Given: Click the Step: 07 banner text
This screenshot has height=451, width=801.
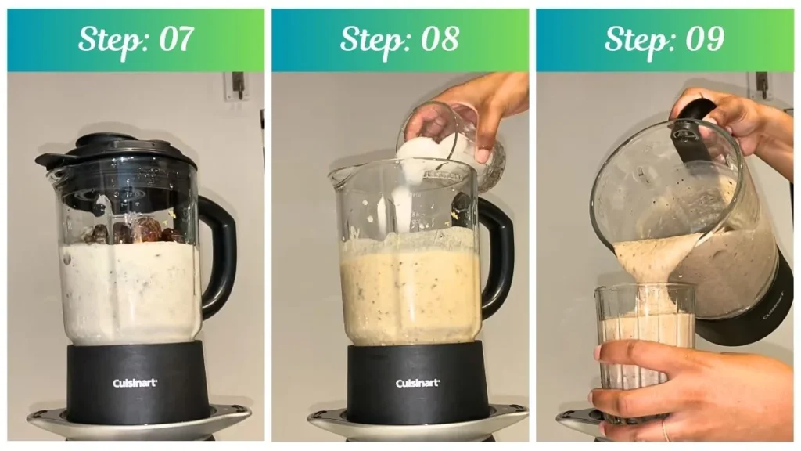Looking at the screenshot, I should click(136, 39).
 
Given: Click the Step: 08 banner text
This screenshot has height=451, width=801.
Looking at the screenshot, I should click(400, 39).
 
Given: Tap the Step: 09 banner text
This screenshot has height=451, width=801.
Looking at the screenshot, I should click(664, 39).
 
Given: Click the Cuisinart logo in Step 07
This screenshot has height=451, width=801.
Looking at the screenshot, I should click(135, 383).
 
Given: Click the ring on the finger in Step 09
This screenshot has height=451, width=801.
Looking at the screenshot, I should click(666, 430).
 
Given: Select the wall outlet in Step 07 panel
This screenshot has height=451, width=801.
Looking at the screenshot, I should click(236, 86).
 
